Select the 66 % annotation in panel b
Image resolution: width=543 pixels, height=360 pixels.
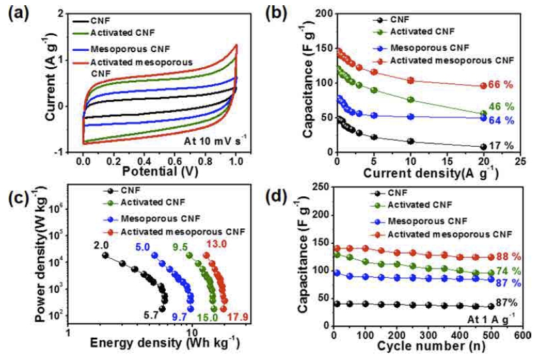pos(501,85)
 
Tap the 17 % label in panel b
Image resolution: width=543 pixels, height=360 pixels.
pos(501,145)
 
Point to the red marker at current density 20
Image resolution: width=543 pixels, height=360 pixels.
pos(484,85)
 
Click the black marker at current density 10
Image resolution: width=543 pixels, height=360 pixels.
pos(411,142)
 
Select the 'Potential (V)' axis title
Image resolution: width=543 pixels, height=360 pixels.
pos(160,172)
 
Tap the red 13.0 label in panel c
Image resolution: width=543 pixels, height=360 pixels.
pos(217,244)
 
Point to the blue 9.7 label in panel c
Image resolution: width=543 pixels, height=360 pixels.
pos(179,317)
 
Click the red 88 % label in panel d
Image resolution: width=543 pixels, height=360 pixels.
pos(508,257)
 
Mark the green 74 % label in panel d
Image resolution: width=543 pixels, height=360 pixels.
pos(508,271)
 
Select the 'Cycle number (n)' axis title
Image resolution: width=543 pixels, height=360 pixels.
pos(431,346)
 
